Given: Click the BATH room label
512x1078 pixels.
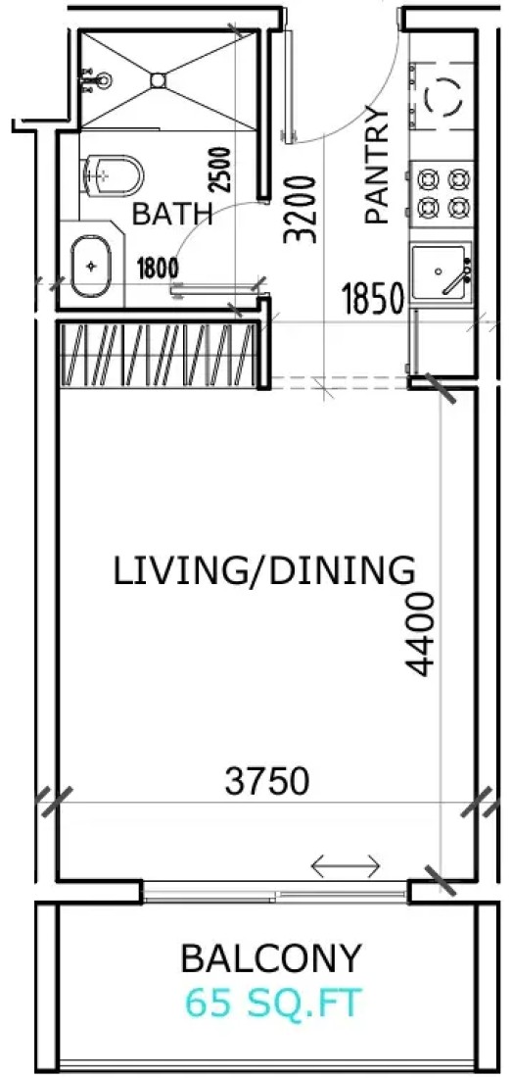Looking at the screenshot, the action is (172, 215).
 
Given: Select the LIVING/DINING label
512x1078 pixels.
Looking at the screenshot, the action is (264, 571).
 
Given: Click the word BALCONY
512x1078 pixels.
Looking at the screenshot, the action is (270, 958).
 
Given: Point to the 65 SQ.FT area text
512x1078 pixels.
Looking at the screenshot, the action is (272, 1004).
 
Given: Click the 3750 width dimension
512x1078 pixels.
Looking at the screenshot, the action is (267, 782).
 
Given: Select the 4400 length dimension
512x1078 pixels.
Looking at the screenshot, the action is (419, 636).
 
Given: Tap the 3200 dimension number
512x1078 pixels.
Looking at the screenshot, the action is (301, 210).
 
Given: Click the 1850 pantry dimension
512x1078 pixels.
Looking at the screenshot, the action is (372, 300).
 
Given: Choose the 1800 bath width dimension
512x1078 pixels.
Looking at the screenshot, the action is (158, 266).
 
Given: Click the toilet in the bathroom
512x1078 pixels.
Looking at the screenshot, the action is (112, 174).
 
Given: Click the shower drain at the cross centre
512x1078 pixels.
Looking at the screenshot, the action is (159, 79).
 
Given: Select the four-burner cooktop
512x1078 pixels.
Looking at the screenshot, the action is (443, 193).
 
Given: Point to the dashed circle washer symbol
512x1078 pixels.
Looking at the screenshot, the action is (442, 96).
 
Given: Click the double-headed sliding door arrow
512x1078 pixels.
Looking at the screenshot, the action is (346, 866).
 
